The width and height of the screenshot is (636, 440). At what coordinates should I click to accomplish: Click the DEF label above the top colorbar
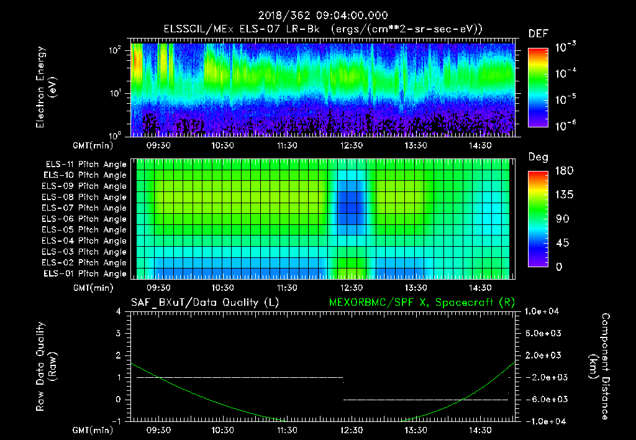[x=538, y=34]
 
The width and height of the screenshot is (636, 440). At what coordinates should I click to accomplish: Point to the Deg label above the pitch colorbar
[x=538, y=157]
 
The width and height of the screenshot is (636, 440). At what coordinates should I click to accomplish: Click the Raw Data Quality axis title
[x=47, y=367]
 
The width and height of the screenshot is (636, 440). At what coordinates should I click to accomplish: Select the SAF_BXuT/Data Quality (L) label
[x=204, y=302]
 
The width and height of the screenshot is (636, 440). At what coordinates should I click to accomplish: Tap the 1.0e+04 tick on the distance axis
[x=544, y=311]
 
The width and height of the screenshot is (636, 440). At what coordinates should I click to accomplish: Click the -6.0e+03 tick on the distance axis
[x=544, y=399]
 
